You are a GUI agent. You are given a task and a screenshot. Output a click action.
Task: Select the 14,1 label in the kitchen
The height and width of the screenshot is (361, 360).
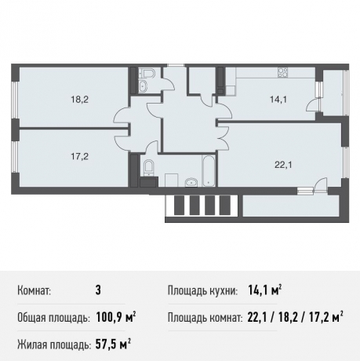tap(257, 100)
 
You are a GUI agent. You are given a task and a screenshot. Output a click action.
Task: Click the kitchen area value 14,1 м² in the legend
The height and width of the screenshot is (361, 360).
tap(263, 291)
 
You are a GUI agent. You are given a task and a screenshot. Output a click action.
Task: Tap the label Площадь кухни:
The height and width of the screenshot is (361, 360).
tap(202, 291)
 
